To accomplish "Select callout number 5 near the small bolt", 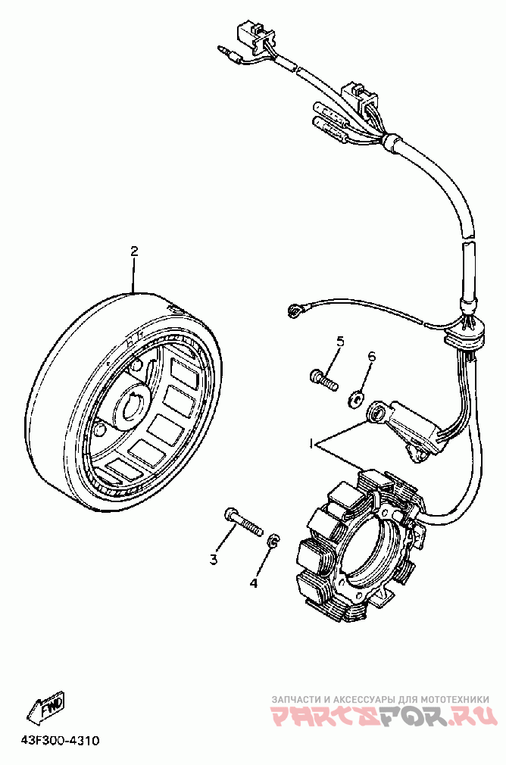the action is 340,342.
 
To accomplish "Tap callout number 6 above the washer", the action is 371,357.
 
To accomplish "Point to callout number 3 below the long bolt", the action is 214,560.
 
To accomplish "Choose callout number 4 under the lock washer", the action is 255,583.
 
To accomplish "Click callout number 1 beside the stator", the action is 311,442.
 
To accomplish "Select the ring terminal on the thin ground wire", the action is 296,311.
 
